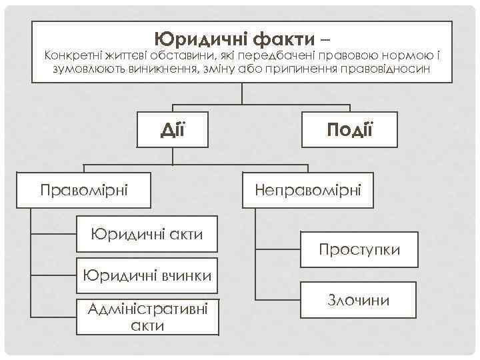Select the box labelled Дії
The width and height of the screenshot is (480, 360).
pyautogui.click(x=173, y=127)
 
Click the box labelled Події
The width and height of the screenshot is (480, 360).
pyautogui.click(x=349, y=127)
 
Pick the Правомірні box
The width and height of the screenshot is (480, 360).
pyautogui.click(x=84, y=189)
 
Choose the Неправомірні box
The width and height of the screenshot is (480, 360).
pyautogui.click(x=308, y=190)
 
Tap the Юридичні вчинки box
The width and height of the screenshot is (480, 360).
pyautogui.click(x=147, y=275)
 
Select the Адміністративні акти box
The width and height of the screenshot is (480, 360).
pyautogui.click(x=147, y=316)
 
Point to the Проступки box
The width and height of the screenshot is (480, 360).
pyautogui.click(x=359, y=249)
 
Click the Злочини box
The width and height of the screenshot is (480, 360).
pyautogui.click(x=359, y=300)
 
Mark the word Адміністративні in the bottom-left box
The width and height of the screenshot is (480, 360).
pyautogui.click(x=147, y=309)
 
